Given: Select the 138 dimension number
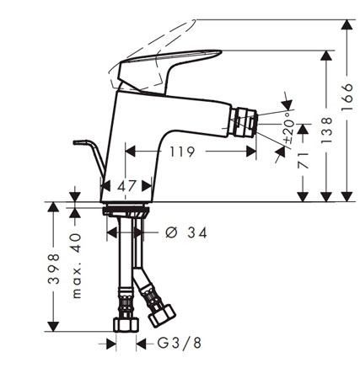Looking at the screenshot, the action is click(x=326, y=131).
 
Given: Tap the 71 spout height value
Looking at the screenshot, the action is click(x=303, y=161).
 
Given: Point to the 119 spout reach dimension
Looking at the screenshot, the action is click(x=182, y=152).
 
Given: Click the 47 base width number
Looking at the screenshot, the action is click(x=126, y=185).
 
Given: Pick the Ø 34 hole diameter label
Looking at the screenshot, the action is click(x=186, y=232).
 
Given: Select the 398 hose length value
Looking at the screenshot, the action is click(x=53, y=269).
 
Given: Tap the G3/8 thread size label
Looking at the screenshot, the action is click(x=179, y=343).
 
